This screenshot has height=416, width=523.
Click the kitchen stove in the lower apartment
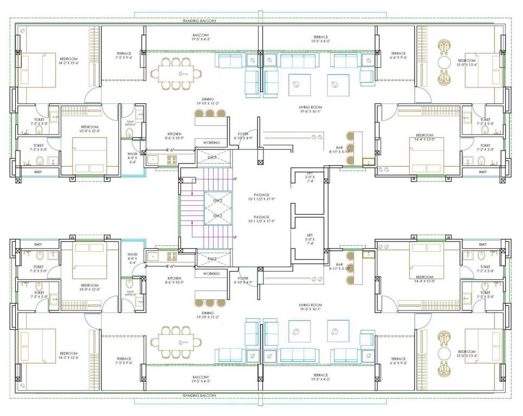171,255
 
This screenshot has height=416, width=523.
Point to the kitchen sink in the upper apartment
152,159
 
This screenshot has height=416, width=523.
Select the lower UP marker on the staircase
235,238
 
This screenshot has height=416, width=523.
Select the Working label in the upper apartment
211,142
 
